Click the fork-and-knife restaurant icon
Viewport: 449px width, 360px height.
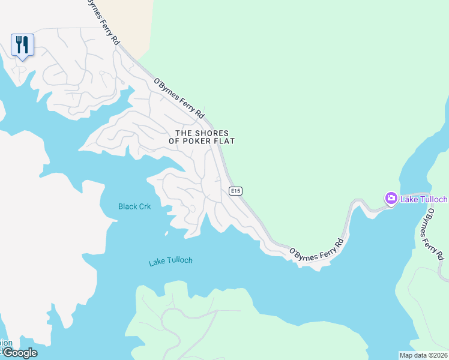tap(22, 44)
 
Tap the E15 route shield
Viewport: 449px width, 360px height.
tap(235, 191)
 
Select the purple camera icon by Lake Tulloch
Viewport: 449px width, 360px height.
tap(391, 198)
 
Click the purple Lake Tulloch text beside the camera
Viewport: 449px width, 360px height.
tap(424, 199)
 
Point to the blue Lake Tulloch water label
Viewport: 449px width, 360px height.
tap(170, 261)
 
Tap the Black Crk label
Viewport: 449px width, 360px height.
tap(134, 206)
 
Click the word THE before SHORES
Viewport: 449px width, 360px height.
tap(184, 133)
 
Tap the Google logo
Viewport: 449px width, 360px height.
tap(19, 352)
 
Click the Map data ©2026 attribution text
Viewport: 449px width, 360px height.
tap(424, 355)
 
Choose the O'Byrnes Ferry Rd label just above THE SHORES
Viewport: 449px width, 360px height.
tap(179, 98)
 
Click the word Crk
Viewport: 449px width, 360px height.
tap(144, 206)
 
